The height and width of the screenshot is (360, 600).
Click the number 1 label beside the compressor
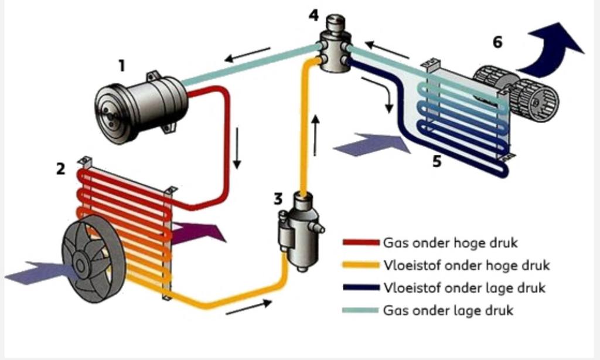point(121,66)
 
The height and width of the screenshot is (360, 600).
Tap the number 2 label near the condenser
point(60,169)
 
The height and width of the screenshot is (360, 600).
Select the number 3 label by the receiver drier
point(278,199)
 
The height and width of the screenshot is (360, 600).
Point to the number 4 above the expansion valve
point(314,15)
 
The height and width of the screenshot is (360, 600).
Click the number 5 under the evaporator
point(437,161)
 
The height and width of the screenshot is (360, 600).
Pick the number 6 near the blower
point(497,42)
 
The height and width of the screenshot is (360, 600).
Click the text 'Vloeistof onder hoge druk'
point(466,265)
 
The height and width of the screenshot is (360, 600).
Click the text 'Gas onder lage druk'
point(448,310)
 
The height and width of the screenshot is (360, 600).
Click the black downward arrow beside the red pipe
point(237,147)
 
